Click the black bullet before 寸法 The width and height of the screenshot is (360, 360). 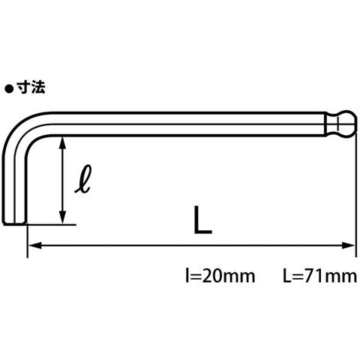[9, 89]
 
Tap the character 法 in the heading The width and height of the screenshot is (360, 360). [38, 88]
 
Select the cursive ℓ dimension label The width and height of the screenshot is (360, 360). [83, 179]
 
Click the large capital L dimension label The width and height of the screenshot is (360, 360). [202, 220]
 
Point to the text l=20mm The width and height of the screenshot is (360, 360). [220, 276]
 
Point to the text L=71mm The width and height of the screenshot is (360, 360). [320, 276]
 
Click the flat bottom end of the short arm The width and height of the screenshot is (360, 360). [15, 223]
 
